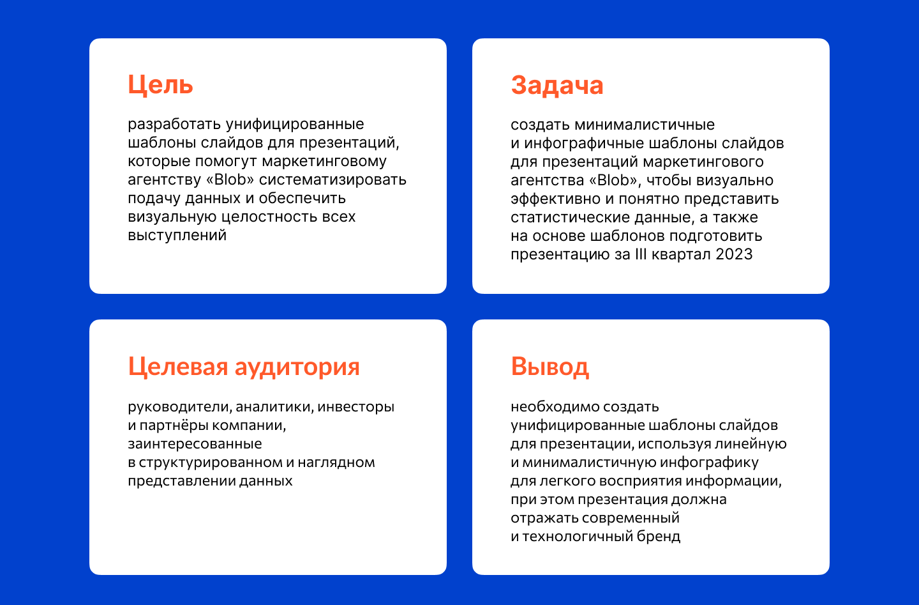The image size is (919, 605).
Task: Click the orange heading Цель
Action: coord(160,85)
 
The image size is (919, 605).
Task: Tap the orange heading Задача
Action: coord(557,85)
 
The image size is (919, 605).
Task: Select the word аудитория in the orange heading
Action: coord(297,367)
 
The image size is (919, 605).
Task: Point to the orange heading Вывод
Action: coord(550,366)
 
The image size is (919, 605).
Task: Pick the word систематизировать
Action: coord(332,180)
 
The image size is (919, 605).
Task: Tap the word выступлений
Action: coord(177,235)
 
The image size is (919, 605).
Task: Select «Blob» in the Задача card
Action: coord(615,180)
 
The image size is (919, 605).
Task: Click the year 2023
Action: coord(734,254)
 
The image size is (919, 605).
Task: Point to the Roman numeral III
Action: coord(641,254)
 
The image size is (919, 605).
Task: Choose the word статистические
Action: coord(571,217)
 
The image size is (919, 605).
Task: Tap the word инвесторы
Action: coord(355,406)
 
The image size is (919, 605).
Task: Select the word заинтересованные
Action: coord(195,443)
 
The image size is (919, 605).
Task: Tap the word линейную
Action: coord(751,444)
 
